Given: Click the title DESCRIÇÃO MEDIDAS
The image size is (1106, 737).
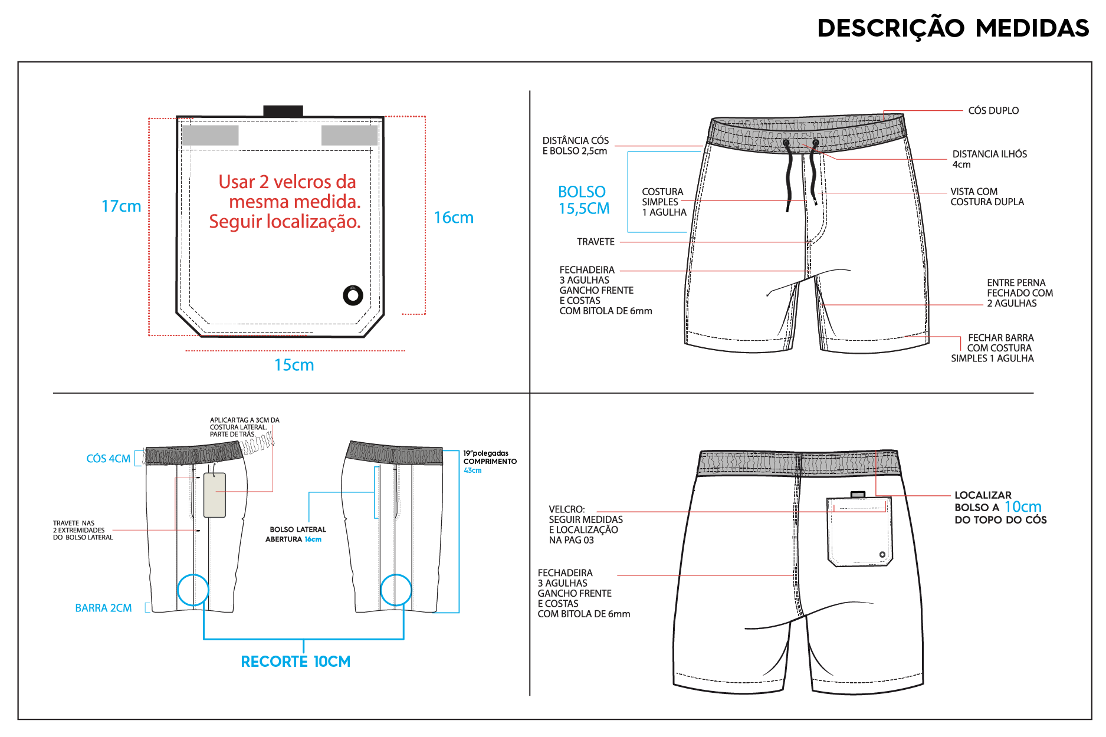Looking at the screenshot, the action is [953, 28].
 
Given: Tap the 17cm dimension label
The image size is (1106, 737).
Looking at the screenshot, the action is [122, 206].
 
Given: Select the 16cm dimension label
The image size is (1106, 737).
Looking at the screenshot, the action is [454, 218].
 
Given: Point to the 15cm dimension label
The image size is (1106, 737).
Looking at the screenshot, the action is [294, 365].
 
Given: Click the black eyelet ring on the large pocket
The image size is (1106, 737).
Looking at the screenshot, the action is [353, 295].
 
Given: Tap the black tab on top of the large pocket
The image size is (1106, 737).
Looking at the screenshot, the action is [283, 111].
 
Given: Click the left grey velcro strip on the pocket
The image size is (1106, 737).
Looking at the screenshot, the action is [211, 135].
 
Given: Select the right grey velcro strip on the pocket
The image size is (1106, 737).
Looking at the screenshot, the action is [349, 135].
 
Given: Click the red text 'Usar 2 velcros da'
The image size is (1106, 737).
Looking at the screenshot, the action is [287, 182].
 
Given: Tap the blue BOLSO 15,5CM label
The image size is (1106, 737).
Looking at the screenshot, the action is [583, 200].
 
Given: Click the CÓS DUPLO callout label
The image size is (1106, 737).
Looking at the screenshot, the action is [993, 110].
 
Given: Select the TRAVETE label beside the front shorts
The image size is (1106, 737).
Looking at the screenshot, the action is [596, 242].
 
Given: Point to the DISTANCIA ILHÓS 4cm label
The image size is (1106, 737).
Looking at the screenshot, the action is [989, 159].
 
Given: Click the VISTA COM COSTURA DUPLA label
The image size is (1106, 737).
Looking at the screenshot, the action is [987, 197].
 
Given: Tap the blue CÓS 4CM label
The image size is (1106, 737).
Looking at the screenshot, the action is [109, 459].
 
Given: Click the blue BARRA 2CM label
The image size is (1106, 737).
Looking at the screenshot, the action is [103, 608].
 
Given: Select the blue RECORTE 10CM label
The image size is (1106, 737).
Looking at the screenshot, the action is [296, 662].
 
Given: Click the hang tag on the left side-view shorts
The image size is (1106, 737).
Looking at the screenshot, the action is [215, 495].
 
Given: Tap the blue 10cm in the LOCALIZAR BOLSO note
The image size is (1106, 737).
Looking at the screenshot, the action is [1023, 506].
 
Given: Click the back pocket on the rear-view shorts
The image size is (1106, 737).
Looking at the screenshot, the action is [859, 531].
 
